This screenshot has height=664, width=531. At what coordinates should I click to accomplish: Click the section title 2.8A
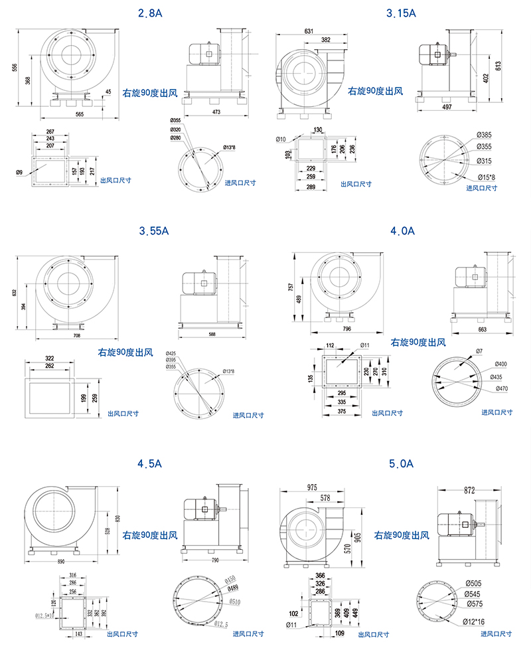click(x=149, y=13)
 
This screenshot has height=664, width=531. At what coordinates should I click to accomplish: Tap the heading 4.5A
click(x=149, y=464)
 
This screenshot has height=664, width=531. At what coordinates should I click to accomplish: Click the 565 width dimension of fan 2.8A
click(x=79, y=115)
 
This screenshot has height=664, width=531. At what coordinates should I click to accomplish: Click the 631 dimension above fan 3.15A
click(x=309, y=31)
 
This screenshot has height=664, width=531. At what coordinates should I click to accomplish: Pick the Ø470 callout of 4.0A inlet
click(x=502, y=388)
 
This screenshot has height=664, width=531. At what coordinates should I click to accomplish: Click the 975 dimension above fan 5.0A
click(x=311, y=487)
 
